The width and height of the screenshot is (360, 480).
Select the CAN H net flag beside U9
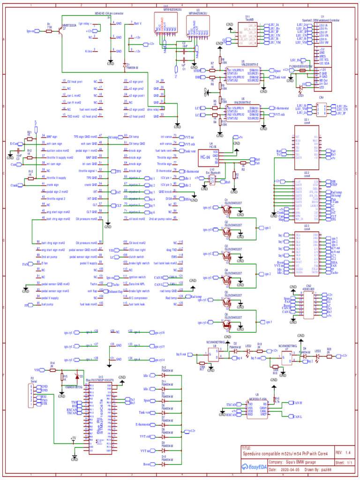point(296,403)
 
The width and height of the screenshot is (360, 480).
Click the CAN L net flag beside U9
point(296,416)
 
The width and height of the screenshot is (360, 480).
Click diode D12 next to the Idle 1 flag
point(164,376)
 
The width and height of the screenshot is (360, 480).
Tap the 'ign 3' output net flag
point(268,322)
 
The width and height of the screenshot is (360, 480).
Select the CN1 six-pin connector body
point(322,110)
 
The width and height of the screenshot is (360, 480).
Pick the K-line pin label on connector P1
point(88,50)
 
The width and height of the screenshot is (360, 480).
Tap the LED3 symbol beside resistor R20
point(318,356)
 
